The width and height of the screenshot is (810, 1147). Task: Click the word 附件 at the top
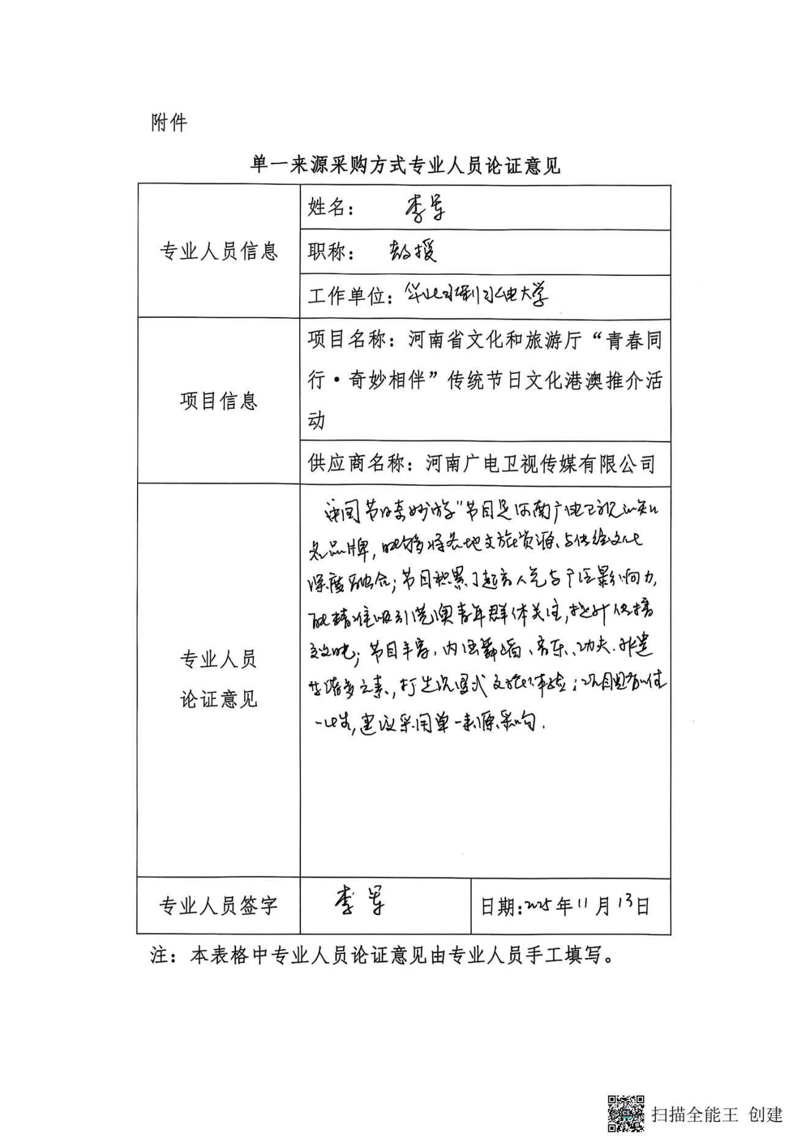pyautogui.click(x=169, y=123)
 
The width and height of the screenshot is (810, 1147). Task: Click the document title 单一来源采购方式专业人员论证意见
pyautogui.click(x=405, y=165)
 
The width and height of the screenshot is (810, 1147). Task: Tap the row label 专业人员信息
pyautogui.click(x=218, y=251)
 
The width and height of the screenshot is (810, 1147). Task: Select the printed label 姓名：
pyautogui.click(x=331, y=207)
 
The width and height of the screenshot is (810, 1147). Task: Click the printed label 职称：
pyautogui.click(x=331, y=252)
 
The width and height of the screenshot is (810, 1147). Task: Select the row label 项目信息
pyautogui.click(x=218, y=401)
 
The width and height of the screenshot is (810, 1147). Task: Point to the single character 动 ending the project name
pyautogui.click(x=317, y=420)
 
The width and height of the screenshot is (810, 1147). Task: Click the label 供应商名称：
pyautogui.click(x=365, y=463)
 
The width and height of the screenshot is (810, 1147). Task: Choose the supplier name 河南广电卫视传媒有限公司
pyautogui.click(x=540, y=463)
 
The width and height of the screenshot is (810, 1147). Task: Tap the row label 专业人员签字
pyautogui.click(x=218, y=906)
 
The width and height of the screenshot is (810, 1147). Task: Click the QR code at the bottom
pyautogui.click(x=625, y=1113)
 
